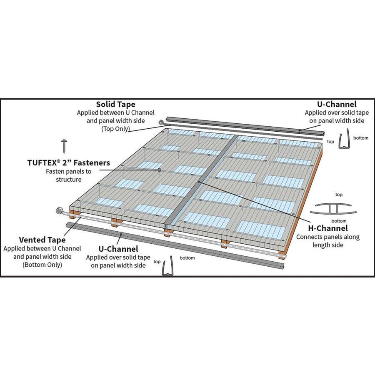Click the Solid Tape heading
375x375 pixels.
tap(115, 104)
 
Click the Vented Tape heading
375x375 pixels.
tap(42, 240)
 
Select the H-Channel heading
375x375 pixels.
tap(328, 228)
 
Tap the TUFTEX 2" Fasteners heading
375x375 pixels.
tap(69, 163)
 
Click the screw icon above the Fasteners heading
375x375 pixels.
tap(64, 146)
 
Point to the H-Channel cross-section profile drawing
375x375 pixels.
tap(333, 209)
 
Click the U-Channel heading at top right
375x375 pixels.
tap(337, 104)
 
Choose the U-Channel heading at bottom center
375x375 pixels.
tap(118, 249)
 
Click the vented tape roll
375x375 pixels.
tap(59, 211)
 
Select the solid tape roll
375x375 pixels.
tap(161, 122)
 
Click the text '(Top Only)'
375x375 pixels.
tap(115, 129)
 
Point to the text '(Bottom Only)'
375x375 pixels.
tap(42, 265)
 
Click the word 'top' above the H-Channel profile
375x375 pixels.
tap(339, 195)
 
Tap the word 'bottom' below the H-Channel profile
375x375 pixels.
tap(339, 221)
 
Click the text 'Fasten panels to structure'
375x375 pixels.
tap(69, 175)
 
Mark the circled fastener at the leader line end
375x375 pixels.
tap(159, 170)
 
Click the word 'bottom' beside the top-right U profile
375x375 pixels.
tap(361, 138)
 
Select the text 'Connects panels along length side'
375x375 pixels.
tap(328, 241)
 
